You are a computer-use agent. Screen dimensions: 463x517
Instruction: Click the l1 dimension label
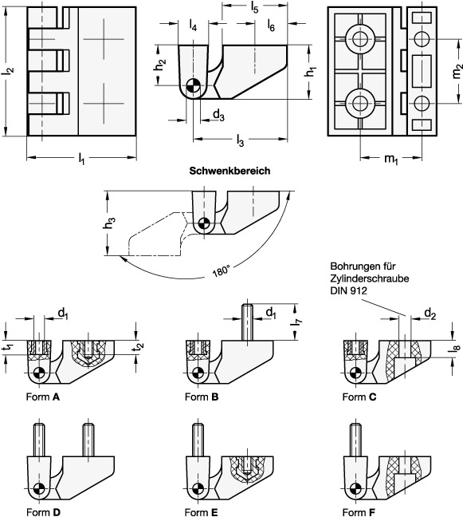(81, 159)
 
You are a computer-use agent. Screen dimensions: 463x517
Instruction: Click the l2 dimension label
(9, 70)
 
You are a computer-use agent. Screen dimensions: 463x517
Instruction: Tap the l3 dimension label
(241, 140)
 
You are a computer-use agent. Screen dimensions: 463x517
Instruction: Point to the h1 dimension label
(310, 71)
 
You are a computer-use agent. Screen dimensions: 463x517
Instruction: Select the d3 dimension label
(218, 116)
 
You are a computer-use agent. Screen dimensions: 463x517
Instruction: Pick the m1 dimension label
(391, 160)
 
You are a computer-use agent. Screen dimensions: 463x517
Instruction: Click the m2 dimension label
(457, 73)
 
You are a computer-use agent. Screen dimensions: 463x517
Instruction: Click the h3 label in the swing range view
(111, 223)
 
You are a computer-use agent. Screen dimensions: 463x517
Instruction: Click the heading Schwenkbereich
(230, 171)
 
